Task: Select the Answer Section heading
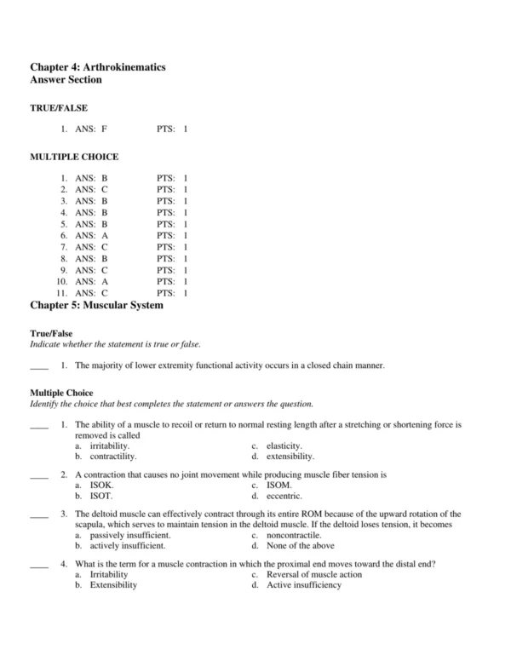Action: click(x=66, y=79)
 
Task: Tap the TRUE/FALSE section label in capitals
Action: click(x=59, y=108)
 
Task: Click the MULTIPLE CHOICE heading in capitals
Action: click(x=74, y=157)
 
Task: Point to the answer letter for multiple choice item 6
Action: click(x=104, y=235)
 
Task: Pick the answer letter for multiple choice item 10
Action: click(x=104, y=281)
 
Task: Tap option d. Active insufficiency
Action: click(x=299, y=585)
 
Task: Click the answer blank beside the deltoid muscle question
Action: click(x=39, y=514)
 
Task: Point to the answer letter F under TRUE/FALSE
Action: click(x=104, y=129)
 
